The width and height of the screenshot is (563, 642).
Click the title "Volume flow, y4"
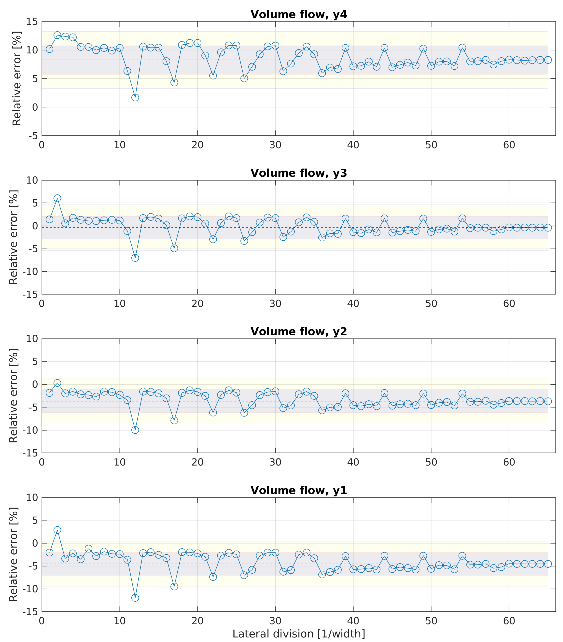(x=298, y=14)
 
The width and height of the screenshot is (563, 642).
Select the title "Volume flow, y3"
(x=298, y=173)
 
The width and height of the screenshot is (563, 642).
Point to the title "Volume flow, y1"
(x=298, y=490)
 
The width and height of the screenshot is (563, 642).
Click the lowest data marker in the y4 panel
(x=135, y=97)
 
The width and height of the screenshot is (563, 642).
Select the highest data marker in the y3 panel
(x=57, y=198)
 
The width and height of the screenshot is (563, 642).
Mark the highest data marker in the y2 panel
(x=57, y=383)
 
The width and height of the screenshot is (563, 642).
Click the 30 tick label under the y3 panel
(x=275, y=304)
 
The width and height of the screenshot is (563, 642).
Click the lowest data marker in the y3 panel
(x=135, y=258)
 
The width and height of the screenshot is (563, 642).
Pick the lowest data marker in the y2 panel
(x=135, y=430)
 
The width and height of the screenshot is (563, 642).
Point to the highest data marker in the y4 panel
(x=57, y=35)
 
